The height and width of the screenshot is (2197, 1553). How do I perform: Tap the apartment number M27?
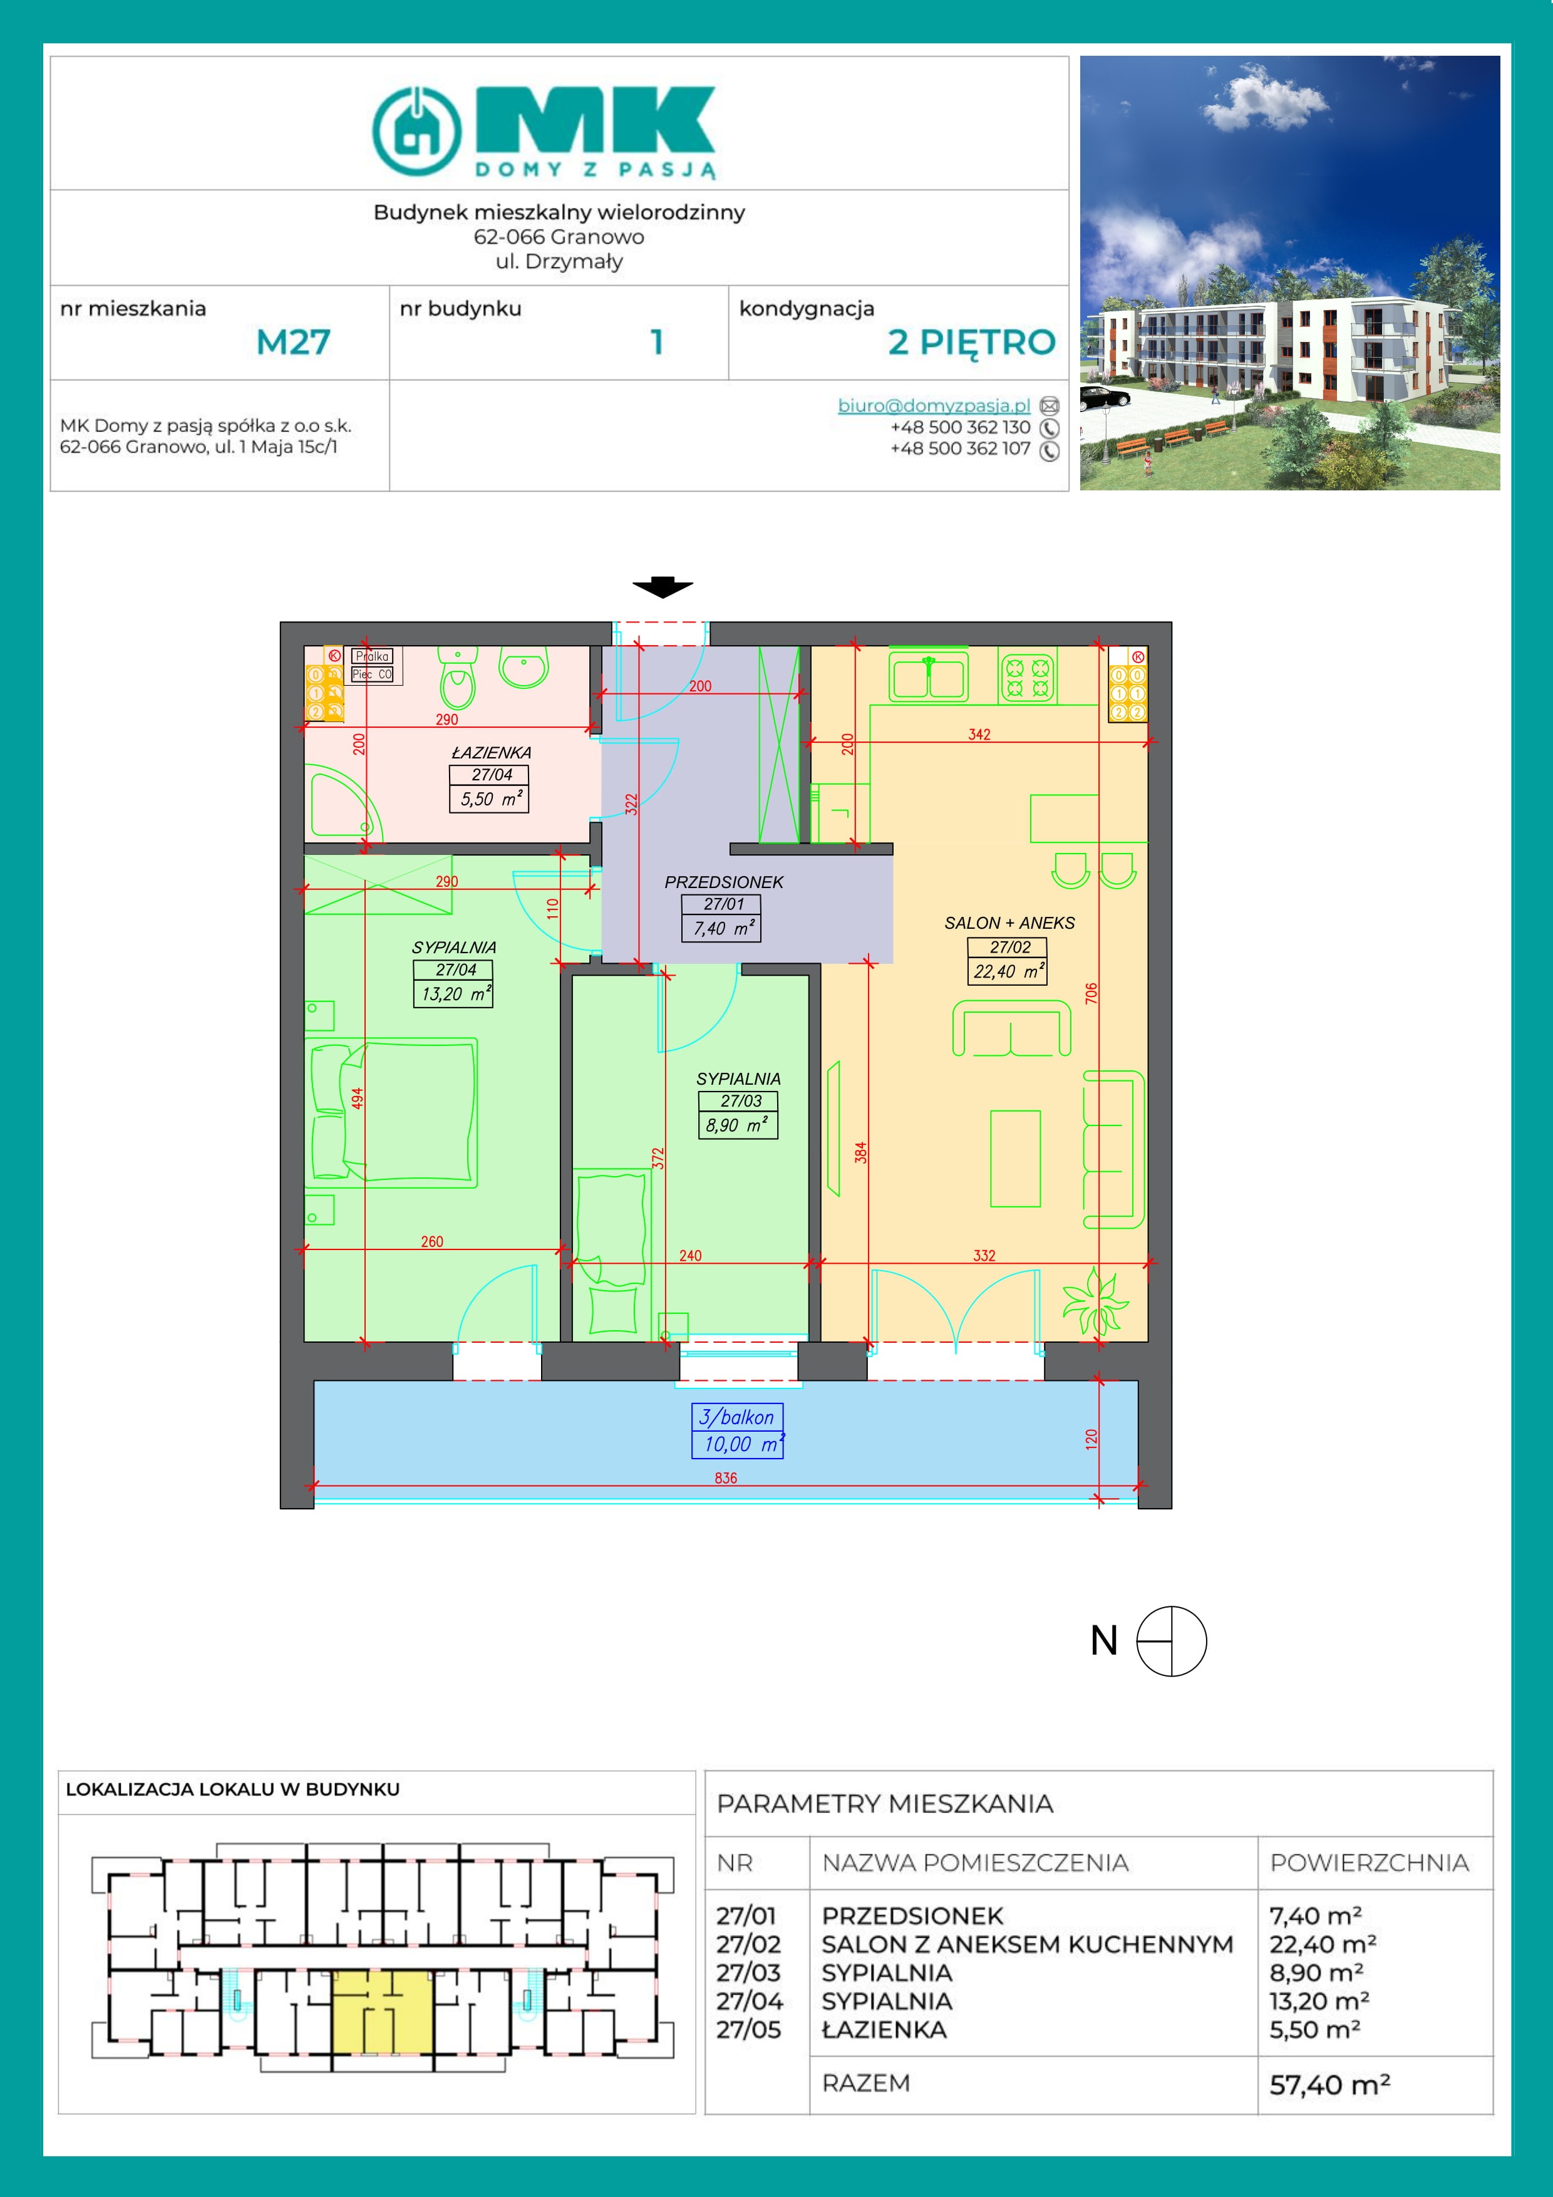(x=293, y=341)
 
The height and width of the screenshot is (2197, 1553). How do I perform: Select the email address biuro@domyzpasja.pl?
(x=934, y=406)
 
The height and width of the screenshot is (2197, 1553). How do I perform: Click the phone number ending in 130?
(x=960, y=428)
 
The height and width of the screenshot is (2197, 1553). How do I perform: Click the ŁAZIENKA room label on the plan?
(x=491, y=753)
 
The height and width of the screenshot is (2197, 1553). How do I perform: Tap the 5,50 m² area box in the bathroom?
(x=489, y=799)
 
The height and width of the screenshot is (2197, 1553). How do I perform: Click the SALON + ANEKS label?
(x=1009, y=923)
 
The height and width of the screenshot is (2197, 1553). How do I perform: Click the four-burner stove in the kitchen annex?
(x=1028, y=676)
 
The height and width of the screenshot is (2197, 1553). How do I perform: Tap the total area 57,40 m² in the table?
(x=1329, y=2084)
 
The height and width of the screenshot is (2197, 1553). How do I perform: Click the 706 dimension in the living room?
(x=1091, y=993)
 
